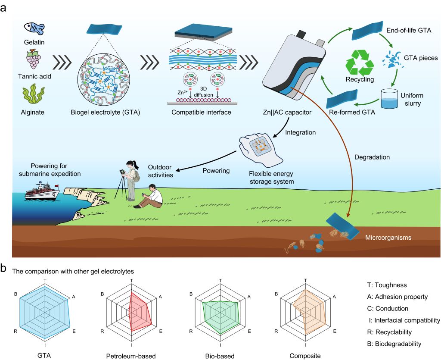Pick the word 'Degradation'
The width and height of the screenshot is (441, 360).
click(373, 157)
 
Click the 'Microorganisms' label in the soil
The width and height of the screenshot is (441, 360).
click(387, 238)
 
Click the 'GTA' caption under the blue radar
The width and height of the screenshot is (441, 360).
click(45, 355)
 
